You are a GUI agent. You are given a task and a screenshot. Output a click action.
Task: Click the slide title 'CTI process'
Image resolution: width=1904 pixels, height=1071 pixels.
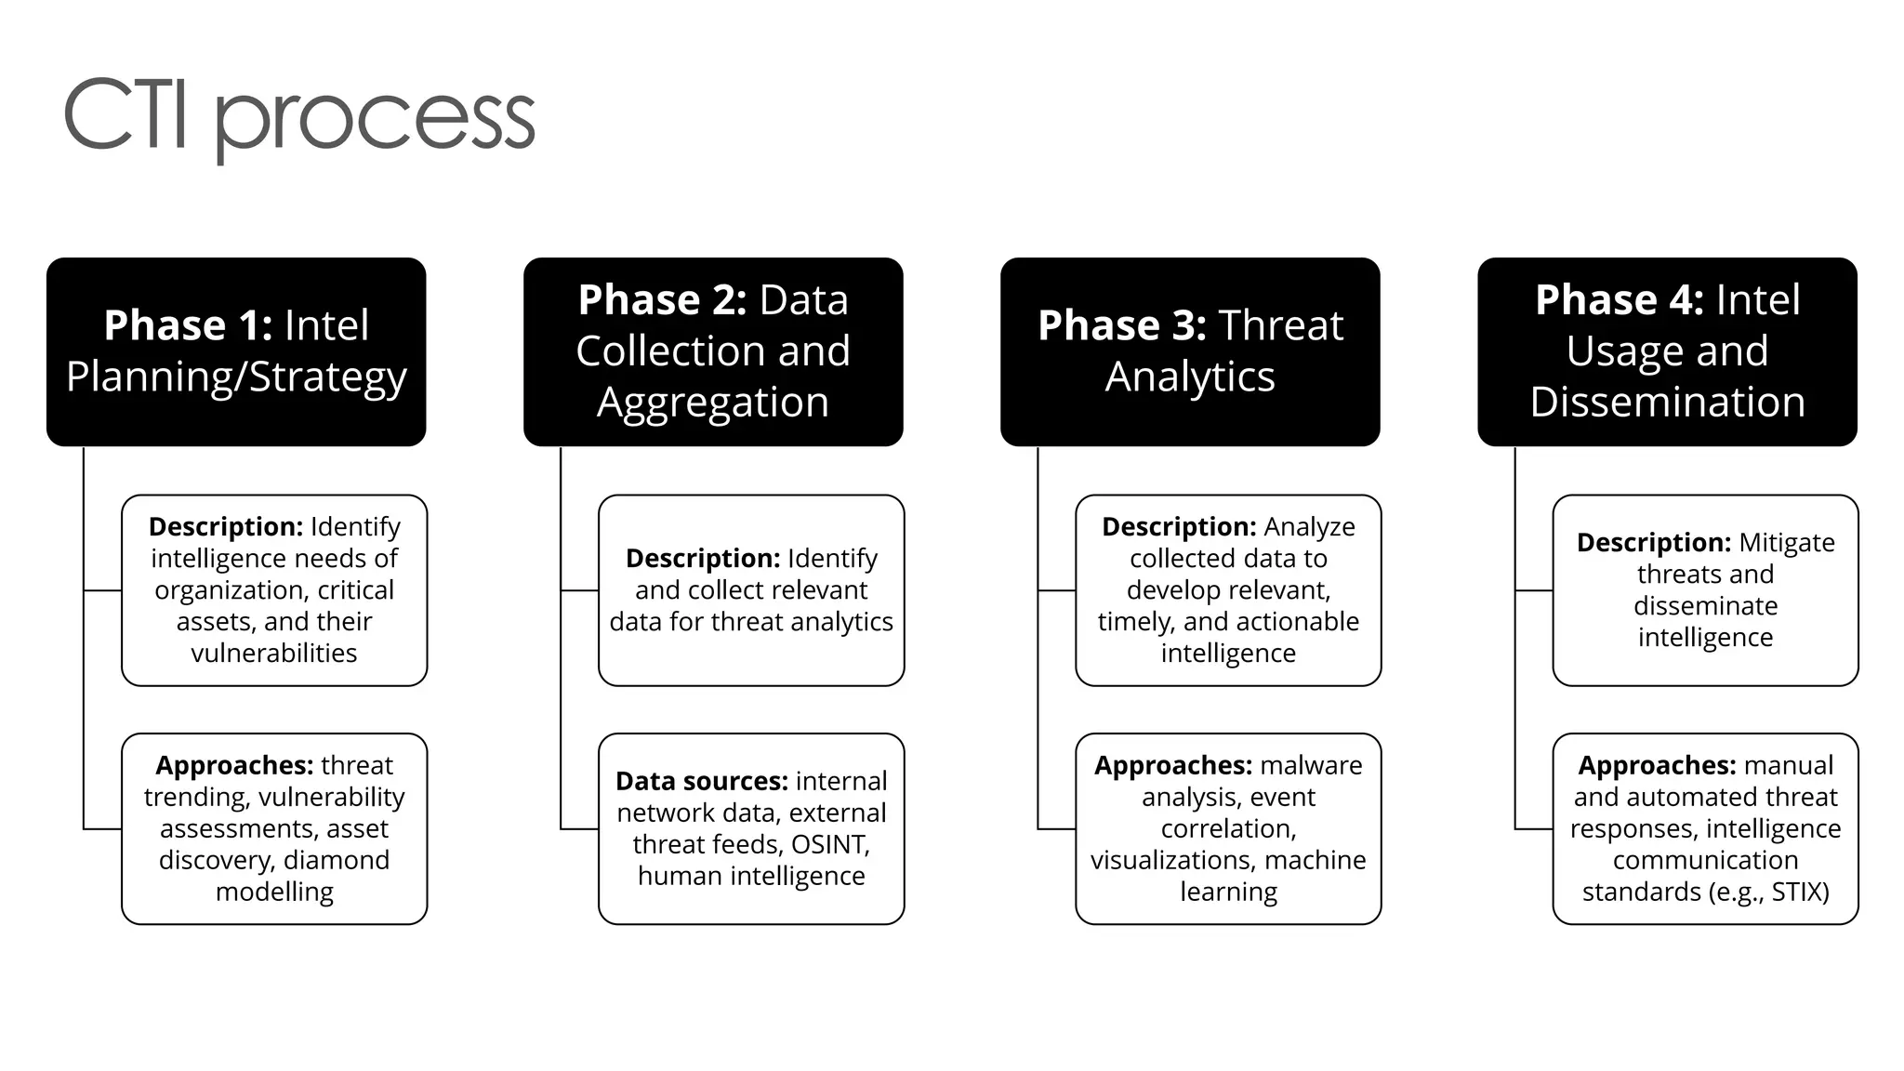coord(298,116)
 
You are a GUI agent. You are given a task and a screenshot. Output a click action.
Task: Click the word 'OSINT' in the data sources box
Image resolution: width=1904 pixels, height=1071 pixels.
coord(829,844)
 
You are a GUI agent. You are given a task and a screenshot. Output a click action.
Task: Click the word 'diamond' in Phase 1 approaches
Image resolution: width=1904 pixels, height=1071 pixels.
coord(337,860)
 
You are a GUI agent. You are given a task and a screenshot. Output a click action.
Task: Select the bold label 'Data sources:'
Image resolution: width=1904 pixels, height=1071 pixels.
coord(701,781)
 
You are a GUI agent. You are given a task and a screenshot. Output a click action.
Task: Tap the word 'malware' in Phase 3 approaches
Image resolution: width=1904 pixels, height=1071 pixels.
coord(1311,765)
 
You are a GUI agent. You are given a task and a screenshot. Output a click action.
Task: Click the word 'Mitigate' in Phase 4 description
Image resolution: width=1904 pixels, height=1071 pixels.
coord(1787,542)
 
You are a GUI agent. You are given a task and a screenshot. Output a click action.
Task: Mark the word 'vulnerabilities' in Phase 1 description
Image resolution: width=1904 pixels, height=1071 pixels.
coord(274,653)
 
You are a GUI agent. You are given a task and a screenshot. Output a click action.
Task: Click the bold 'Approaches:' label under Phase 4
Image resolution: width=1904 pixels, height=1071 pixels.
coord(1657,765)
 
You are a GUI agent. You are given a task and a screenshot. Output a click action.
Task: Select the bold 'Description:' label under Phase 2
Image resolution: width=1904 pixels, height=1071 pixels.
coord(703,558)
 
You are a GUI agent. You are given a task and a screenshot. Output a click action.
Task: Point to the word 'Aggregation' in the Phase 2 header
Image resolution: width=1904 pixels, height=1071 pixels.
coord(713,402)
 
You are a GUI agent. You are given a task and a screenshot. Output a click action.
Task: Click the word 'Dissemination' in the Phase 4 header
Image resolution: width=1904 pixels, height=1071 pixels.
coord(1668,402)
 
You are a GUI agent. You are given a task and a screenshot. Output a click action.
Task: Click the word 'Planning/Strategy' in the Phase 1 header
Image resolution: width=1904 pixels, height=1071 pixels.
coord(236,377)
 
